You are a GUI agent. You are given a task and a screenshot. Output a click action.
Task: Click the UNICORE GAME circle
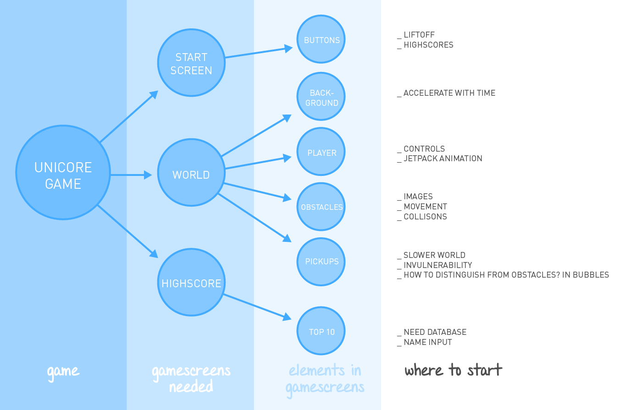coord(63,173)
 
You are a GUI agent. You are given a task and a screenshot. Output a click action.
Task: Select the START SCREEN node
coord(191,63)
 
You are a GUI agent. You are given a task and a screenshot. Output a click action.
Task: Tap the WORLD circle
coord(191,173)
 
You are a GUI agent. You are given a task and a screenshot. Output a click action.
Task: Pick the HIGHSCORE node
coord(191,283)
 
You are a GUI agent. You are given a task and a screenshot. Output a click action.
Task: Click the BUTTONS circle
coord(321,39)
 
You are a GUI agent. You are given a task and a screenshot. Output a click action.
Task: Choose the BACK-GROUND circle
coord(321,97)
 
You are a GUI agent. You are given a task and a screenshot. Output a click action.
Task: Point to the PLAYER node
coord(321,152)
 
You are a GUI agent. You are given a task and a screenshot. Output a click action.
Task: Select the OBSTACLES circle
coord(321,207)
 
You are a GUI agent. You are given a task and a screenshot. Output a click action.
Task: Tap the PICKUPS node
coord(321,262)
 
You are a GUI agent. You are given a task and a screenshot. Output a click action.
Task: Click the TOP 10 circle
coord(321,331)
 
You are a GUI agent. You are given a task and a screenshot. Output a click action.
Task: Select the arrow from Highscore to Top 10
coord(257,306)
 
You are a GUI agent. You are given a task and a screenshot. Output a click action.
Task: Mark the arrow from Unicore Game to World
coord(131,175)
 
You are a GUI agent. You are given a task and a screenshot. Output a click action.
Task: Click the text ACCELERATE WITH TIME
coord(449,93)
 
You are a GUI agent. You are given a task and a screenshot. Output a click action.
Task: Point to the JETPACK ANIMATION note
coord(443,159)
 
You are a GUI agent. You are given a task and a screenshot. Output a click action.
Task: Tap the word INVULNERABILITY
coord(437,265)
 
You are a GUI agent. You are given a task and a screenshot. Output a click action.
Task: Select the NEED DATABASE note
coord(435,332)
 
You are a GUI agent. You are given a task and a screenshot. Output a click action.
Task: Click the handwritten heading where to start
coord(453,370)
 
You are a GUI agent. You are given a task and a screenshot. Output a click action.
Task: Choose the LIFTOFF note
coord(419,35)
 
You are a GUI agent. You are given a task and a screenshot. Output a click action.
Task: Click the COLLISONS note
coord(425,217)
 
